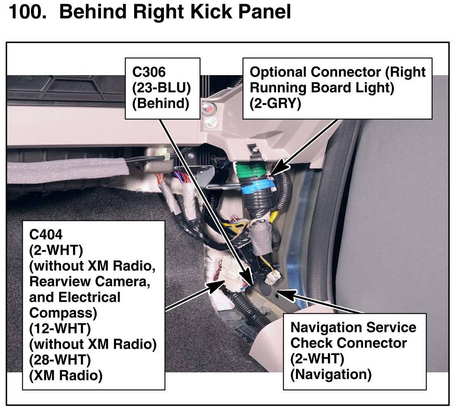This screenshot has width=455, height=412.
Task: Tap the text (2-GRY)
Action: point(275,104)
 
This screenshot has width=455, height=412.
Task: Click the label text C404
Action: point(46,234)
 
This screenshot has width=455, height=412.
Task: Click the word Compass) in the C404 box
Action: point(63,313)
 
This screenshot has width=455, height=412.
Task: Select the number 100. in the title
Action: point(28,12)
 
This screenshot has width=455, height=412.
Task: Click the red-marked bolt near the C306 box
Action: point(209,110)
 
